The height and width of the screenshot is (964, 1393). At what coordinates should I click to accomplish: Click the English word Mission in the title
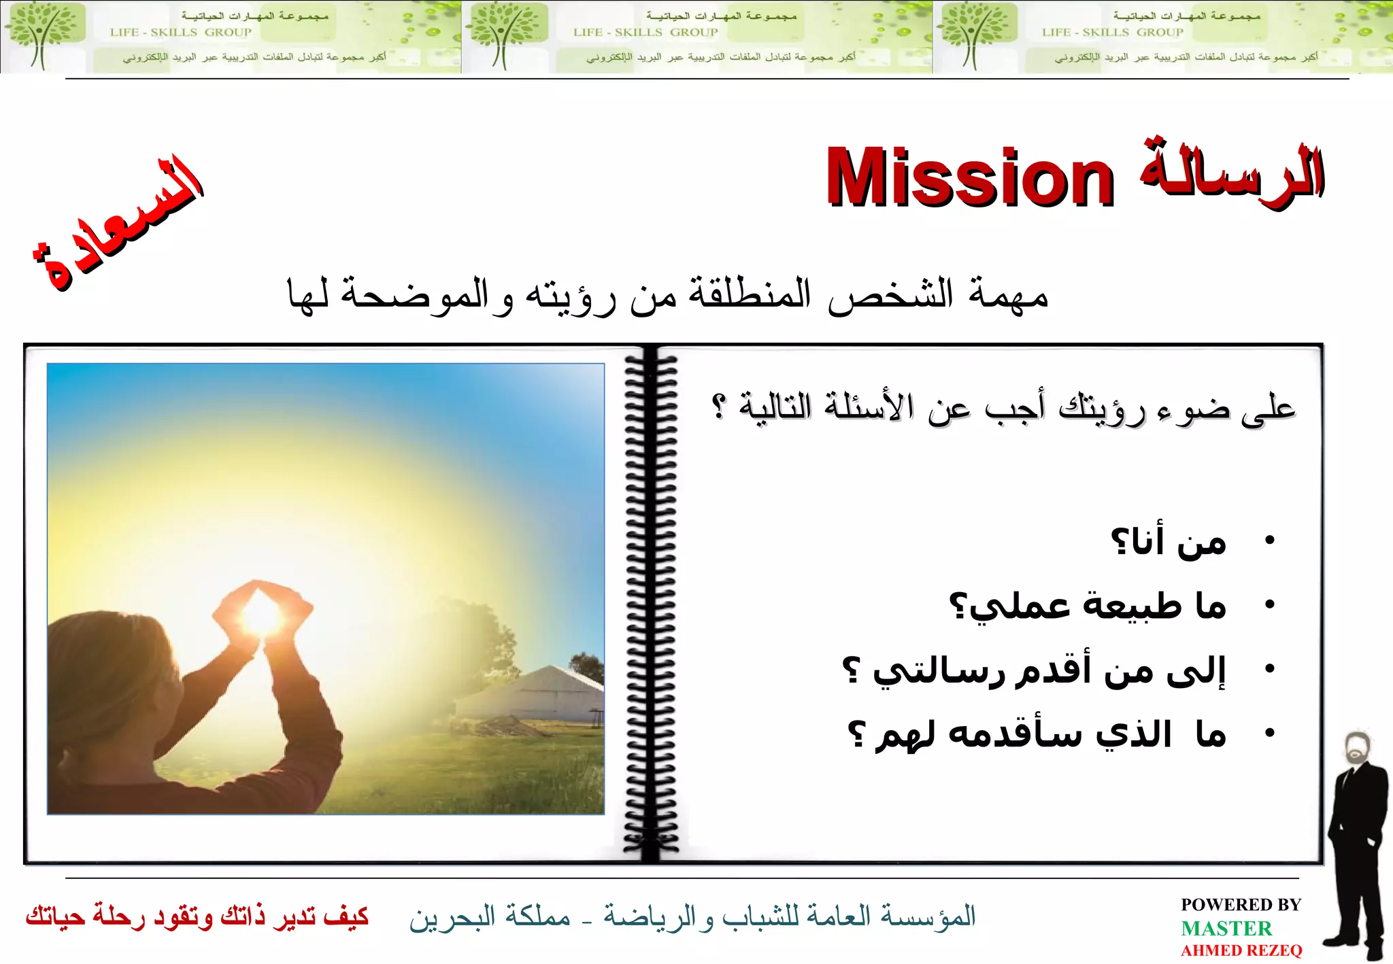pyautogui.click(x=970, y=178)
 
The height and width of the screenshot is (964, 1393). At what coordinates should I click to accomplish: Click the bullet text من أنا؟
pyautogui.click(x=1168, y=542)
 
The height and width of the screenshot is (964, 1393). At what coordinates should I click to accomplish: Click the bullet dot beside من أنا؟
pyautogui.click(x=1269, y=541)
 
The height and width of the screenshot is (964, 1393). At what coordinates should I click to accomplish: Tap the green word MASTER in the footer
pyautogui.click(x=1226, y=928)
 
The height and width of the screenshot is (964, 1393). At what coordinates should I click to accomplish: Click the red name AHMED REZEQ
pyautogui.click(x=1241, y=950)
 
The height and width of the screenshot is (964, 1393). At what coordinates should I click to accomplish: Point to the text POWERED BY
pyautogui.click(x=1241, y=905)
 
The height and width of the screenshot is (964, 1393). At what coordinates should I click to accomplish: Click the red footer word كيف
pyautogui.click(x=346, y=916)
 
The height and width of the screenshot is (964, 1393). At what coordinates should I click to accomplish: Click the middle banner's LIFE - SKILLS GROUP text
pyautogui.click(x=645, y=32)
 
